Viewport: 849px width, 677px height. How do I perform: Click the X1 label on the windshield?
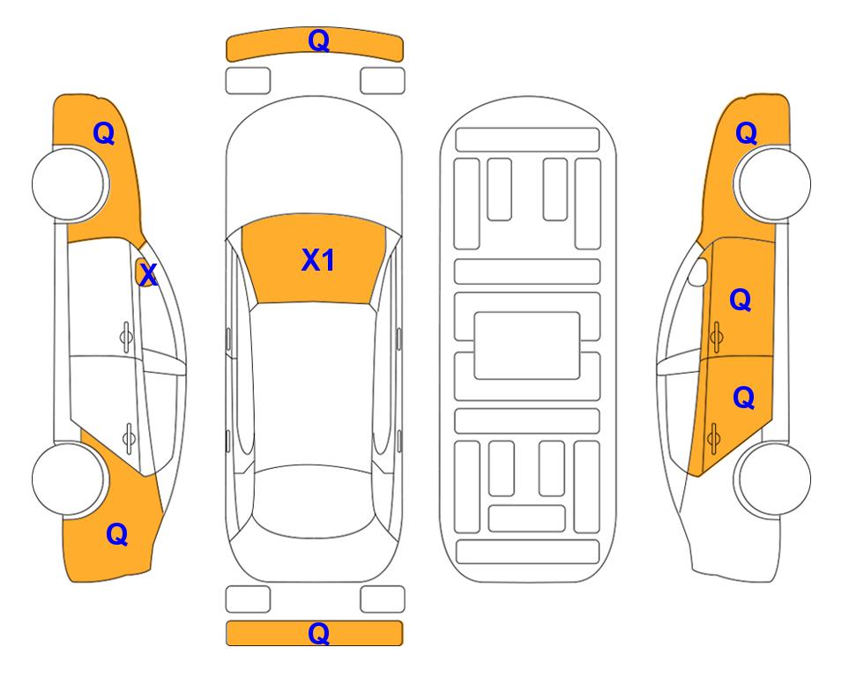pyautogui.click(x=318, y=260)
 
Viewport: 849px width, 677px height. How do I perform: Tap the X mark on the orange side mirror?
pyautogui.click(x=147, y=274)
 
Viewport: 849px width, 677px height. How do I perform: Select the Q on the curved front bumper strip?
pyautogui.click(x=319, y=40)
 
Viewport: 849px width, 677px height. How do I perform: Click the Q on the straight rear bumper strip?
pyautogui.click(x=319, y=633)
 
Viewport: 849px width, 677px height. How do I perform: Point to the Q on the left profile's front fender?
pyautogui.click(x=104, y=133)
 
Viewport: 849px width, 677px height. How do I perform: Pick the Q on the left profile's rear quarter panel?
pyautogui.click(x=117, y=534)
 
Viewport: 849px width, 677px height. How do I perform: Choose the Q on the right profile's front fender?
pyautogui.click(x=746, y=133)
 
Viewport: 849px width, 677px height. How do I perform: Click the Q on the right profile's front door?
pyautogui.click(x=741, y=300)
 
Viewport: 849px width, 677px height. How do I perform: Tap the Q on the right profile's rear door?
pyautogui.click(x=743, y=398)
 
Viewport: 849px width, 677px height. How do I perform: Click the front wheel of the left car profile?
pyautogui.click(x=69, y=184)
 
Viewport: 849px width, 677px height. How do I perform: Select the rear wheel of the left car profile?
pyautogui.click(x=69, y=479)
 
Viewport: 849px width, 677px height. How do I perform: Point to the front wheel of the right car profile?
pyautogui.click(x=774, y=183)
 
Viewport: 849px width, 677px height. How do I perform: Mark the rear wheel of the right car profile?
pyautogui.click(x=774, y=479)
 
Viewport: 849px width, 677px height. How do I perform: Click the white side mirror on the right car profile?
pyautogui.click(x=698, y=272)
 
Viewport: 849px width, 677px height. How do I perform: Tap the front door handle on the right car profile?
pyautogui.click(x=716, y=337)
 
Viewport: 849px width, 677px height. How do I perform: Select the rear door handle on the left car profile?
pyautogui.click(x=129, y=437)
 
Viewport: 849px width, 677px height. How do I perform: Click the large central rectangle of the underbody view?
pyautogui.click(x=527, y=346)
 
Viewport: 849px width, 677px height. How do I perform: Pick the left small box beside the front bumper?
pyautogui.click(x=248, y=81)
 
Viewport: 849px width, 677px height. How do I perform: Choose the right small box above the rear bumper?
pyautogui.click(x=383, y=599)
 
